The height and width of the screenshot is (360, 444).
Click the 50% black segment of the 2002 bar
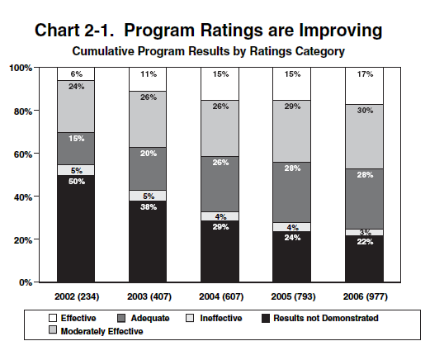(76, 228)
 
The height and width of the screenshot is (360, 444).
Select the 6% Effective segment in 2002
(76, 74)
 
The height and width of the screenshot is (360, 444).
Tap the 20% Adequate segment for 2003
(148, 168)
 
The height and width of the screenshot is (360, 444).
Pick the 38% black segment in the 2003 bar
(148, 241)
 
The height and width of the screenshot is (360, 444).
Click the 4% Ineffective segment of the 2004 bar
(220, 216)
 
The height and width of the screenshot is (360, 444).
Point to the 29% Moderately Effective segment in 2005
(291, 131)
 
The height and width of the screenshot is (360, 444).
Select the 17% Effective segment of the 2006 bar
(364, 86)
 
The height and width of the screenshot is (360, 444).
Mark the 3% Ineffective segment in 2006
(364, 232)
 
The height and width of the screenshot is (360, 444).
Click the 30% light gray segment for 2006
(364, 137)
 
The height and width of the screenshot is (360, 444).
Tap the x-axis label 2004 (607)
(221, 296)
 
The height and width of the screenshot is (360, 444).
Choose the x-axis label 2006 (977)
(366, 296)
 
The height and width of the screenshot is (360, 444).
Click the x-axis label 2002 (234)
(77, 296)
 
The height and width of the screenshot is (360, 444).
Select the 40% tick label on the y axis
(23, 197)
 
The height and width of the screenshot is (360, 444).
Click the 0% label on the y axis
(26, 282)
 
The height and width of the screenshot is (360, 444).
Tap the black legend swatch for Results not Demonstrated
(266, 319)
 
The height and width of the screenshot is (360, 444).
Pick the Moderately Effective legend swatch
(53, 329)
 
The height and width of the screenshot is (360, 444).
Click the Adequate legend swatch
(121, 319)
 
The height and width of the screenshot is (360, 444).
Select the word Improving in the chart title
(341, 31)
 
